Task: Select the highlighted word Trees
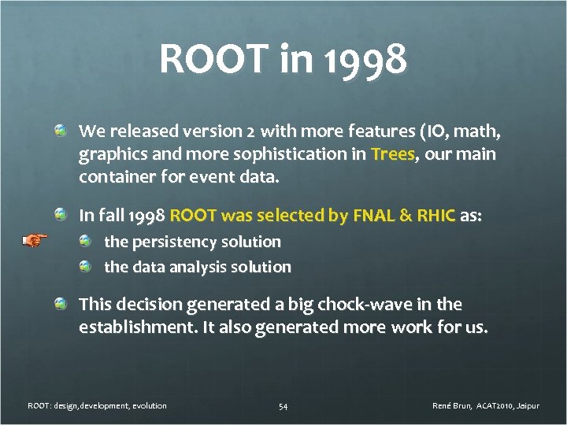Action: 393,154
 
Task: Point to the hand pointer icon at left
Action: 34,240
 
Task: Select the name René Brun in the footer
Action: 452,406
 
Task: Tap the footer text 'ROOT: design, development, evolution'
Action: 97,406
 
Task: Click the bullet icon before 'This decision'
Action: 61,304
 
